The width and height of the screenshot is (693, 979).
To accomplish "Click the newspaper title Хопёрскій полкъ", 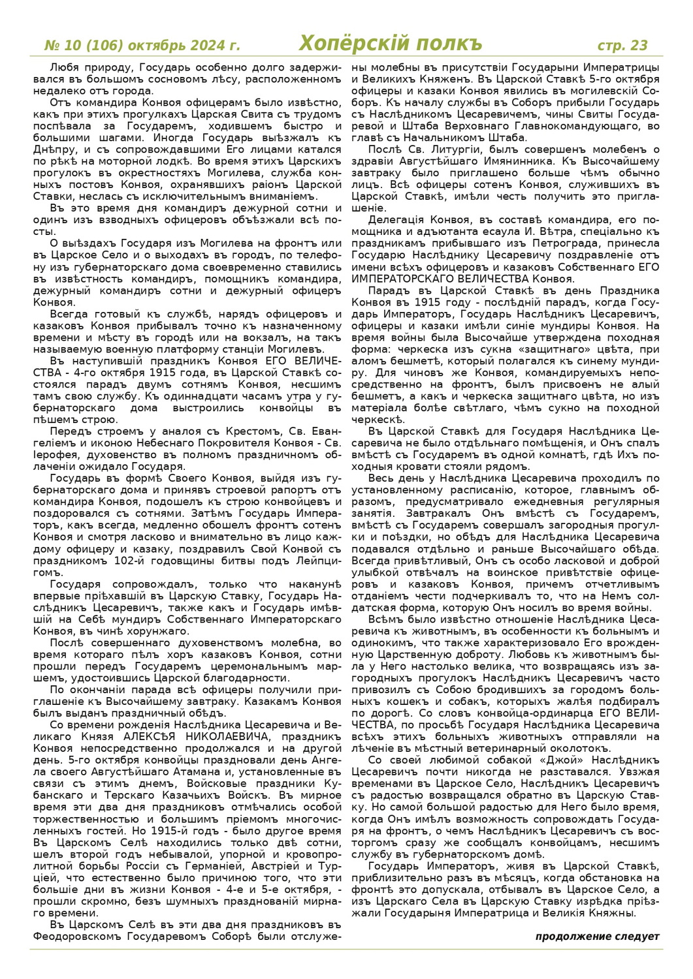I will pyautogui.click(x=391, y=44).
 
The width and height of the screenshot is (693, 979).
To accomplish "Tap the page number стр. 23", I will pyautogui.click(x=622, y=45).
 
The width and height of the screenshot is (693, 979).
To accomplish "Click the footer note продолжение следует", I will pyautogui.click(x=597, y=937).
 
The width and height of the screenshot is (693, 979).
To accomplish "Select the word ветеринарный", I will pyautogui.click(x=505, y=748).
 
